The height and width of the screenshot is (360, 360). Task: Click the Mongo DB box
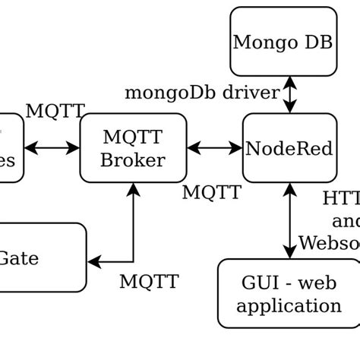[283, 42]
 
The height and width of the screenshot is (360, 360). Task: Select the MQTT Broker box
[133, 148]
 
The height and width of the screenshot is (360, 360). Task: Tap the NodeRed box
[289, 148]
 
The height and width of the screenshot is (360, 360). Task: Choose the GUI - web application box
[289, 294]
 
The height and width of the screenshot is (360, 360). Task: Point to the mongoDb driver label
[201, 93]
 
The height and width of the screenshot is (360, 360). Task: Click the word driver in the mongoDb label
[251, 93]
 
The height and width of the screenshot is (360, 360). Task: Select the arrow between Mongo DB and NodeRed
[289, 95]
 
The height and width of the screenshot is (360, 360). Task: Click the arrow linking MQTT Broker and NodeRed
[214, 148]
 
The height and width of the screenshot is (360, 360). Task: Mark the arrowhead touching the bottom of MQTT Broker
[134, 190]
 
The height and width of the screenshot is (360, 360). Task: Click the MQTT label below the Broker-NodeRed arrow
[212, 193]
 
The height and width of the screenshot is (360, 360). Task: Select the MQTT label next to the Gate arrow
[149, 282]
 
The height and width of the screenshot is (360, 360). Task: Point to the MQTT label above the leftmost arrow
[55, 112]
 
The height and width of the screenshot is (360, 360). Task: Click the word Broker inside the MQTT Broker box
[133, 160]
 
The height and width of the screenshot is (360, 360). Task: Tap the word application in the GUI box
[289, 306]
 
